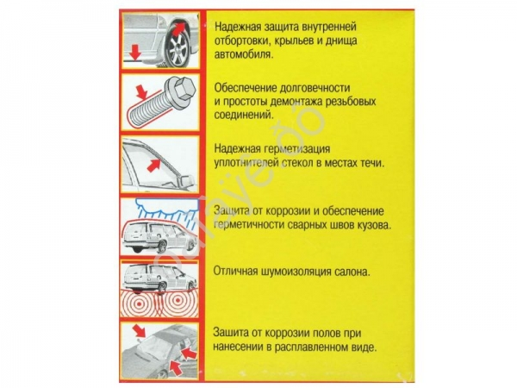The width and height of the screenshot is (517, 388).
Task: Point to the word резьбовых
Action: tap(357, 100)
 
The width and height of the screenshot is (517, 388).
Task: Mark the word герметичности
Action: tap(258, 225)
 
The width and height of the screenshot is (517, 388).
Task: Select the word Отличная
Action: tap(240, 272)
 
